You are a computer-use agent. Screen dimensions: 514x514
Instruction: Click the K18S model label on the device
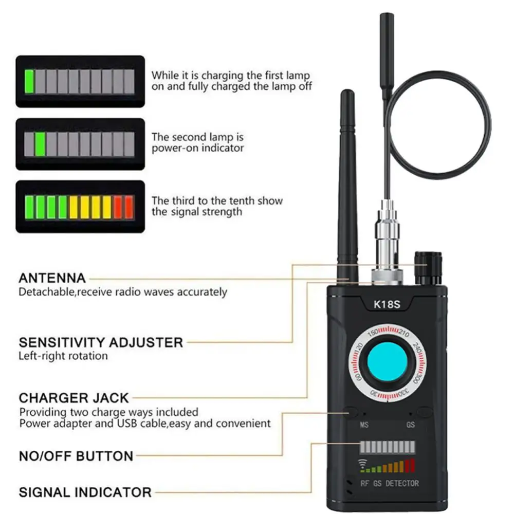pos(386,304)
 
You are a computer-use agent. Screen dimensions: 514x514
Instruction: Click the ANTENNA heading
pos(52,279)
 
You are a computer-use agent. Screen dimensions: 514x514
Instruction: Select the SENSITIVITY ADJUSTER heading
pos(101,342)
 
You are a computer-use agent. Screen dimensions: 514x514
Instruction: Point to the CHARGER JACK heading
pos(74,398)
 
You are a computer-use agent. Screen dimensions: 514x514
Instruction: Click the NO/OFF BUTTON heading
pos(76,456)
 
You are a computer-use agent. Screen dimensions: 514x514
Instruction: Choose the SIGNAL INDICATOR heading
pos(85,492)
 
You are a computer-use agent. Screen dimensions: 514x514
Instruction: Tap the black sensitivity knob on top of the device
pos(428,268)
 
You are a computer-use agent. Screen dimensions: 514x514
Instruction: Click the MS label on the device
pos(364,426)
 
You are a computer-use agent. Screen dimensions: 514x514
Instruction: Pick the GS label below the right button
pos(410,426)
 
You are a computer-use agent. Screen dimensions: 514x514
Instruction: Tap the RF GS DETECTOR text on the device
pos(389,483)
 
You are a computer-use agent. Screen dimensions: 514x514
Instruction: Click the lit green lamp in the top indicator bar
pos(29,82)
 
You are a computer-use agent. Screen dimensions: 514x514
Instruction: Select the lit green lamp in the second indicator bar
pos(40,144)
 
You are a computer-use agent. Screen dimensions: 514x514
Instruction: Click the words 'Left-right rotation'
pos(63,356)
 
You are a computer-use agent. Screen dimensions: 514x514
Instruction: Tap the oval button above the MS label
pos(352,412)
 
